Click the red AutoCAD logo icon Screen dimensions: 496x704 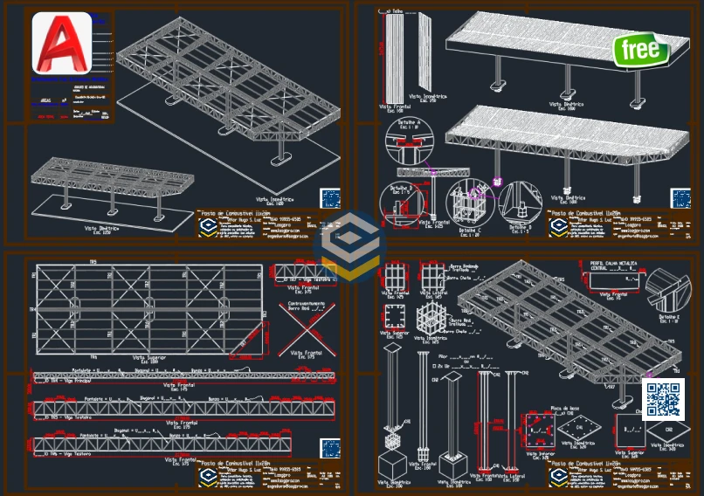[62, 43]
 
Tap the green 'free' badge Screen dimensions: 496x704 [641, 50]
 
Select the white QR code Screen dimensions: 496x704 [663, 399]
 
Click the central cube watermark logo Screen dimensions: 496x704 [351, 247]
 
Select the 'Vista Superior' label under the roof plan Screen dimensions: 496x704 [151, 357]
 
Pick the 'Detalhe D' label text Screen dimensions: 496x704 [521, 228]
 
